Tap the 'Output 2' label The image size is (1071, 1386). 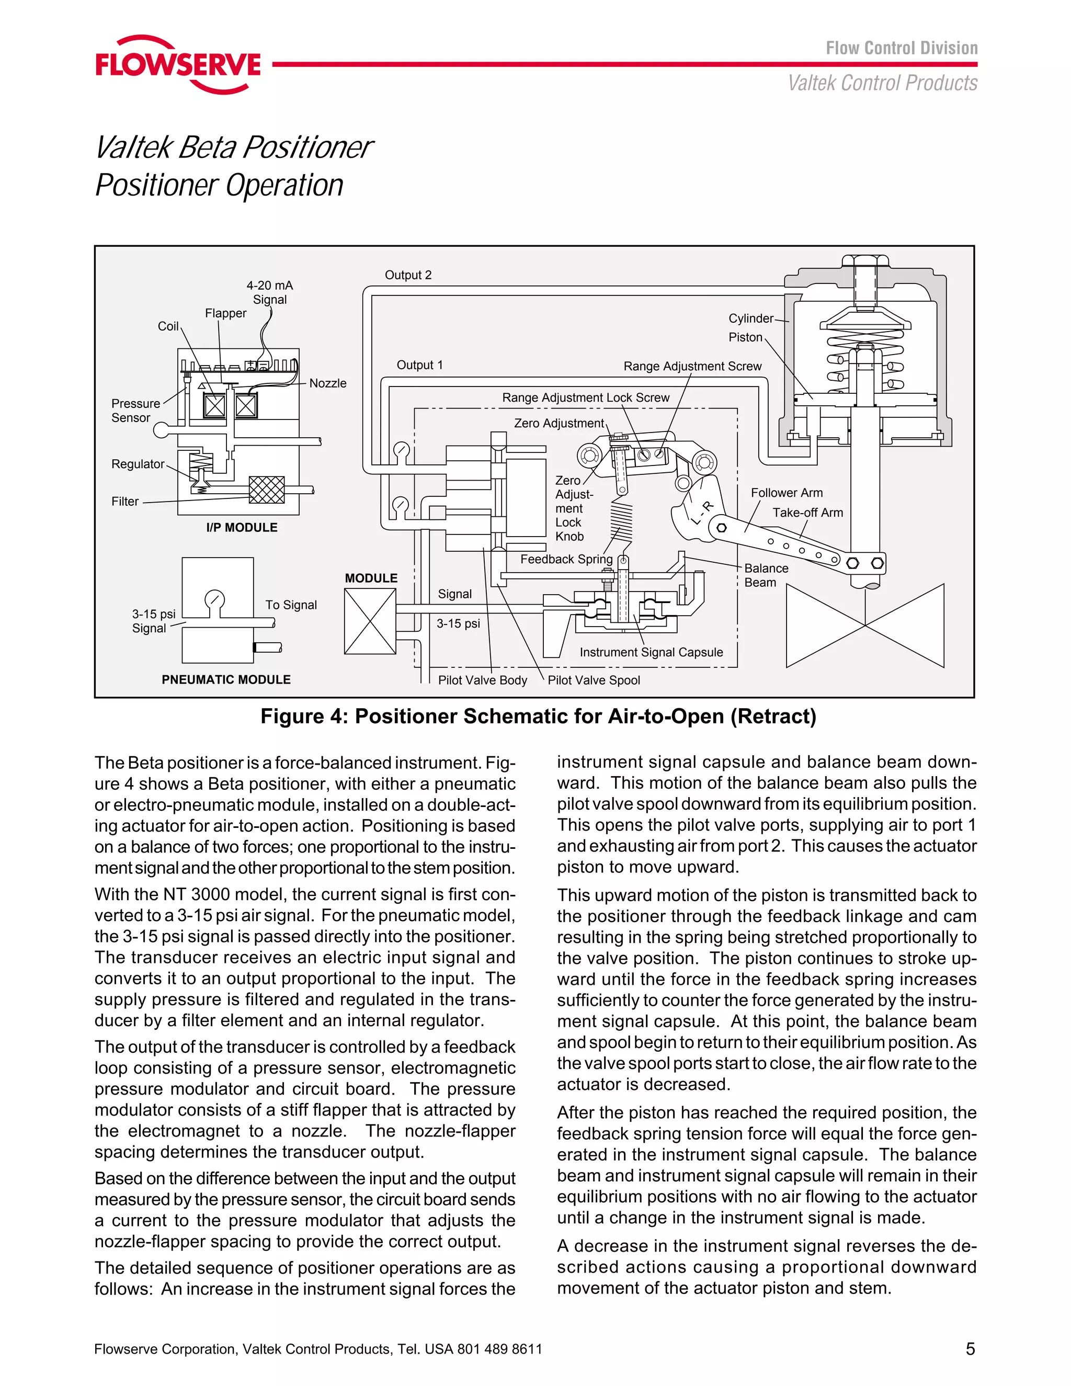(x=408, y=275)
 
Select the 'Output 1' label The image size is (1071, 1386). (x=419, y=365)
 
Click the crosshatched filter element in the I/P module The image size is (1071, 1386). (x=267, y=490)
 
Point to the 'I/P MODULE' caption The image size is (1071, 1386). (x=242, y=527)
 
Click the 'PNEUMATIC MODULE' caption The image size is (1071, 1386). (x=226, y=680)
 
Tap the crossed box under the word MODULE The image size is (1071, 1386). (x=370, y=621)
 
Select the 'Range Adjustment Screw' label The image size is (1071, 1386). (x=692, y=366)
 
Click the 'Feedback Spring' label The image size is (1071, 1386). (x=566, y=559)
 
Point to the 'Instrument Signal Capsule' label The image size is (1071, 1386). (x=651, y=652)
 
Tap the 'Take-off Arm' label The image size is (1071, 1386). (x=807, y=512)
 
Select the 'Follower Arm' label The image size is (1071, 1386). (x=786, y=493)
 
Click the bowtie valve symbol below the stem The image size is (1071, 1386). (x=865, y=625)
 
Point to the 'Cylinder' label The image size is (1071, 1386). (x=750, y=319)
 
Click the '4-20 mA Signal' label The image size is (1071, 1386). (x=270, y=292)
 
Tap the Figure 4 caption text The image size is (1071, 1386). (x=538, y=717)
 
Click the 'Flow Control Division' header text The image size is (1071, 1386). (x=901, y=48)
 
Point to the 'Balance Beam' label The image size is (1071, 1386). (x=766, y=575)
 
